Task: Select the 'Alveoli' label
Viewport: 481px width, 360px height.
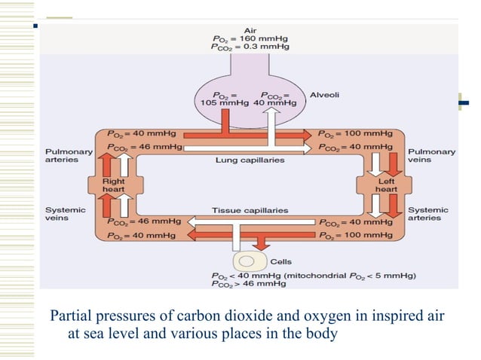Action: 327,96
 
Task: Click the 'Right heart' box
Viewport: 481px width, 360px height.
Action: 114,185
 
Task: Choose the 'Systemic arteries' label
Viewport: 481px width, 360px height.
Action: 427,214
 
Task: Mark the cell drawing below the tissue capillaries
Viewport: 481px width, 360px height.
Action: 245,261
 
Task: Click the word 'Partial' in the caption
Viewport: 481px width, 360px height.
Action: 68,315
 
